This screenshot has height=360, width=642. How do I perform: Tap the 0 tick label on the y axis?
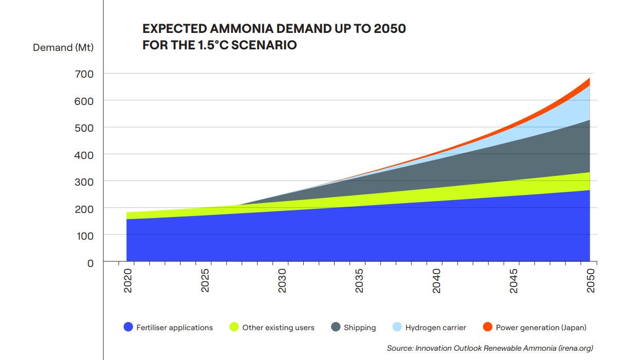[x=90, y=263]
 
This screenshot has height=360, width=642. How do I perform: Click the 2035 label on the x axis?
[x=359, y=281]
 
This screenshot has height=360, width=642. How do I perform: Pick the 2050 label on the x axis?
[x=591, y=281]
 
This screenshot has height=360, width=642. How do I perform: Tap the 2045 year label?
[x=513, y=281]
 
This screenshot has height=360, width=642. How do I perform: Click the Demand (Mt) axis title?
[x=63, y=48]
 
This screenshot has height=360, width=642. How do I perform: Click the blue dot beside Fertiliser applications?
[x=129, y=327]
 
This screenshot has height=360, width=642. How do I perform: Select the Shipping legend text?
[x=360, y=328]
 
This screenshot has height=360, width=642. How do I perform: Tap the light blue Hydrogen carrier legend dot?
[x=397, y=327]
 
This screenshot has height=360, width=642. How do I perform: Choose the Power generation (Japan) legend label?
[x=541, y=328]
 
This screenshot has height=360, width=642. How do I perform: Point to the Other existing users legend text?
[x=278, y=328]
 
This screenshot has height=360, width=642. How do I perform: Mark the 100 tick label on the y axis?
[x=85, y=236]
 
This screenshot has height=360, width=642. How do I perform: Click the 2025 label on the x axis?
[x=205, y=281]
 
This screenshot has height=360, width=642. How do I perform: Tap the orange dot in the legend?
[x=487, y=327]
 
